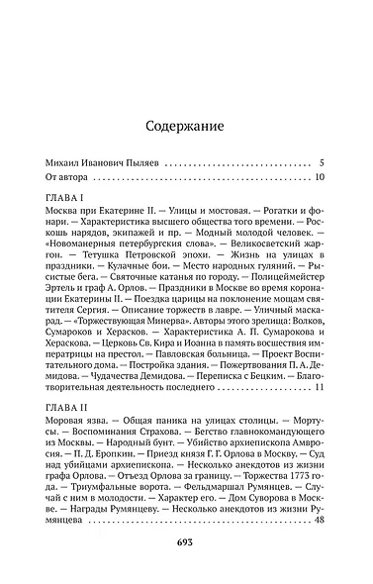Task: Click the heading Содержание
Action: point(184,127)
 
